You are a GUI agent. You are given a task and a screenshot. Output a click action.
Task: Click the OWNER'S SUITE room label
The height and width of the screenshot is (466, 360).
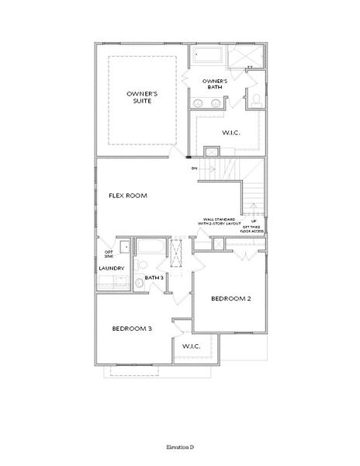pyautogui.click(x=143, y=97)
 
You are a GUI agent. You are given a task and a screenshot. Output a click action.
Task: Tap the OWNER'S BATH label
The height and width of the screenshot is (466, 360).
pyautogui.click(x=214, y=85)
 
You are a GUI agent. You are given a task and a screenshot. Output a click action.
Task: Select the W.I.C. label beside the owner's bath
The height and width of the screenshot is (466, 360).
pyautogui.click(x=230, y=132)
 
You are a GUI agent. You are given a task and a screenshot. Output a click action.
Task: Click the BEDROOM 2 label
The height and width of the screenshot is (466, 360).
pyautogui.click(x=231, y=297)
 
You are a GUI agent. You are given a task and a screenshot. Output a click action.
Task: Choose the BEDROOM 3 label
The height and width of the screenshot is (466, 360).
pyautogui.click(x=132, y=329)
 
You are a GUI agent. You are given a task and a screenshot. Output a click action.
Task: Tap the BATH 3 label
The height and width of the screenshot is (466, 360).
pyautogui.click(x=153, y=277)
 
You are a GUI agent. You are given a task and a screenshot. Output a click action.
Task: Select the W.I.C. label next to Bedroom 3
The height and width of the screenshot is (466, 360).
pyautogui.click(x=192, y=346)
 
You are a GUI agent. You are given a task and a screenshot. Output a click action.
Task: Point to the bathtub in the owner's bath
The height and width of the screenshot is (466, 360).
pyautogui.click(x=209, y=55)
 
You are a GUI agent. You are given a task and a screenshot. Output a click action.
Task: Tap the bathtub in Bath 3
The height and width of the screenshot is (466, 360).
pyautogui.click(x=150, y=249)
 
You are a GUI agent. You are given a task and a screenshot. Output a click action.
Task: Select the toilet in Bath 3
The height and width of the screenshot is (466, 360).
pyautogui.click(x=140, y=283)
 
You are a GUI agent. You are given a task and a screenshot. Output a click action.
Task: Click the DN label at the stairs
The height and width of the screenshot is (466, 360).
pyautogui.click(x=193, y=168)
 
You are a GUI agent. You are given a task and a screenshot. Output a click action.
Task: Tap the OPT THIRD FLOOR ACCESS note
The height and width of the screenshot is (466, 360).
pyautogui.click(x=252, y=228)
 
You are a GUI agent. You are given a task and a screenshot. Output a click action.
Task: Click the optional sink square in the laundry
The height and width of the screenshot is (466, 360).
pyautogui.click(x=123, y=247)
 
